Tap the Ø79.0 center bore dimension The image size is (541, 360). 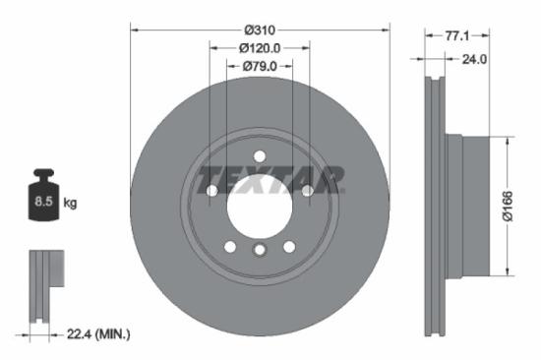260,66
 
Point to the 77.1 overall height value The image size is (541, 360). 455,34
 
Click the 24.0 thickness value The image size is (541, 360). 475,60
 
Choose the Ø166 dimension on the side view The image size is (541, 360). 520,205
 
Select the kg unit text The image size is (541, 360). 71,204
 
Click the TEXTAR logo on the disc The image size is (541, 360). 270,180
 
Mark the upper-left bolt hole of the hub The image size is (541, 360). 210,190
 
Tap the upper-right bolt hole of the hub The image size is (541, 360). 308,190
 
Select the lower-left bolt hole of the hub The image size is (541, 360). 229,247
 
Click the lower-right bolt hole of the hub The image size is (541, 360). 289,247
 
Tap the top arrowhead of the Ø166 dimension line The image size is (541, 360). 507,138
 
